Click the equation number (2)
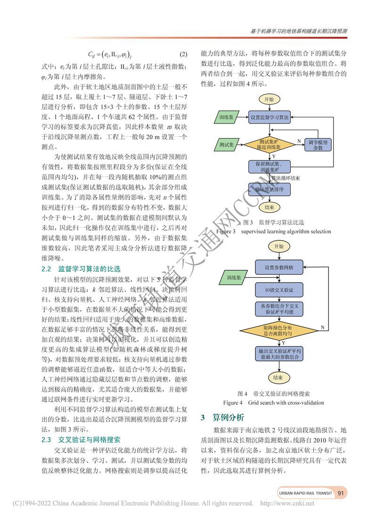point(184,54)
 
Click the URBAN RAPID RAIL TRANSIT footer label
point(305,493)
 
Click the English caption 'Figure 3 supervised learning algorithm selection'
point(273,231)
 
